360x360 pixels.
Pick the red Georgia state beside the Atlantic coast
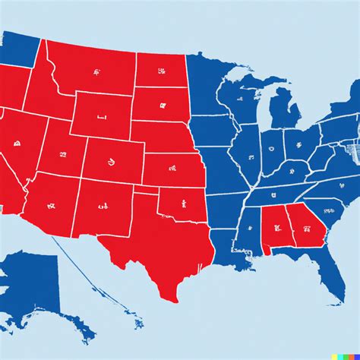(x=304, y=226)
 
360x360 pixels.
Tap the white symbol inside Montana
(x=96, y=72)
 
